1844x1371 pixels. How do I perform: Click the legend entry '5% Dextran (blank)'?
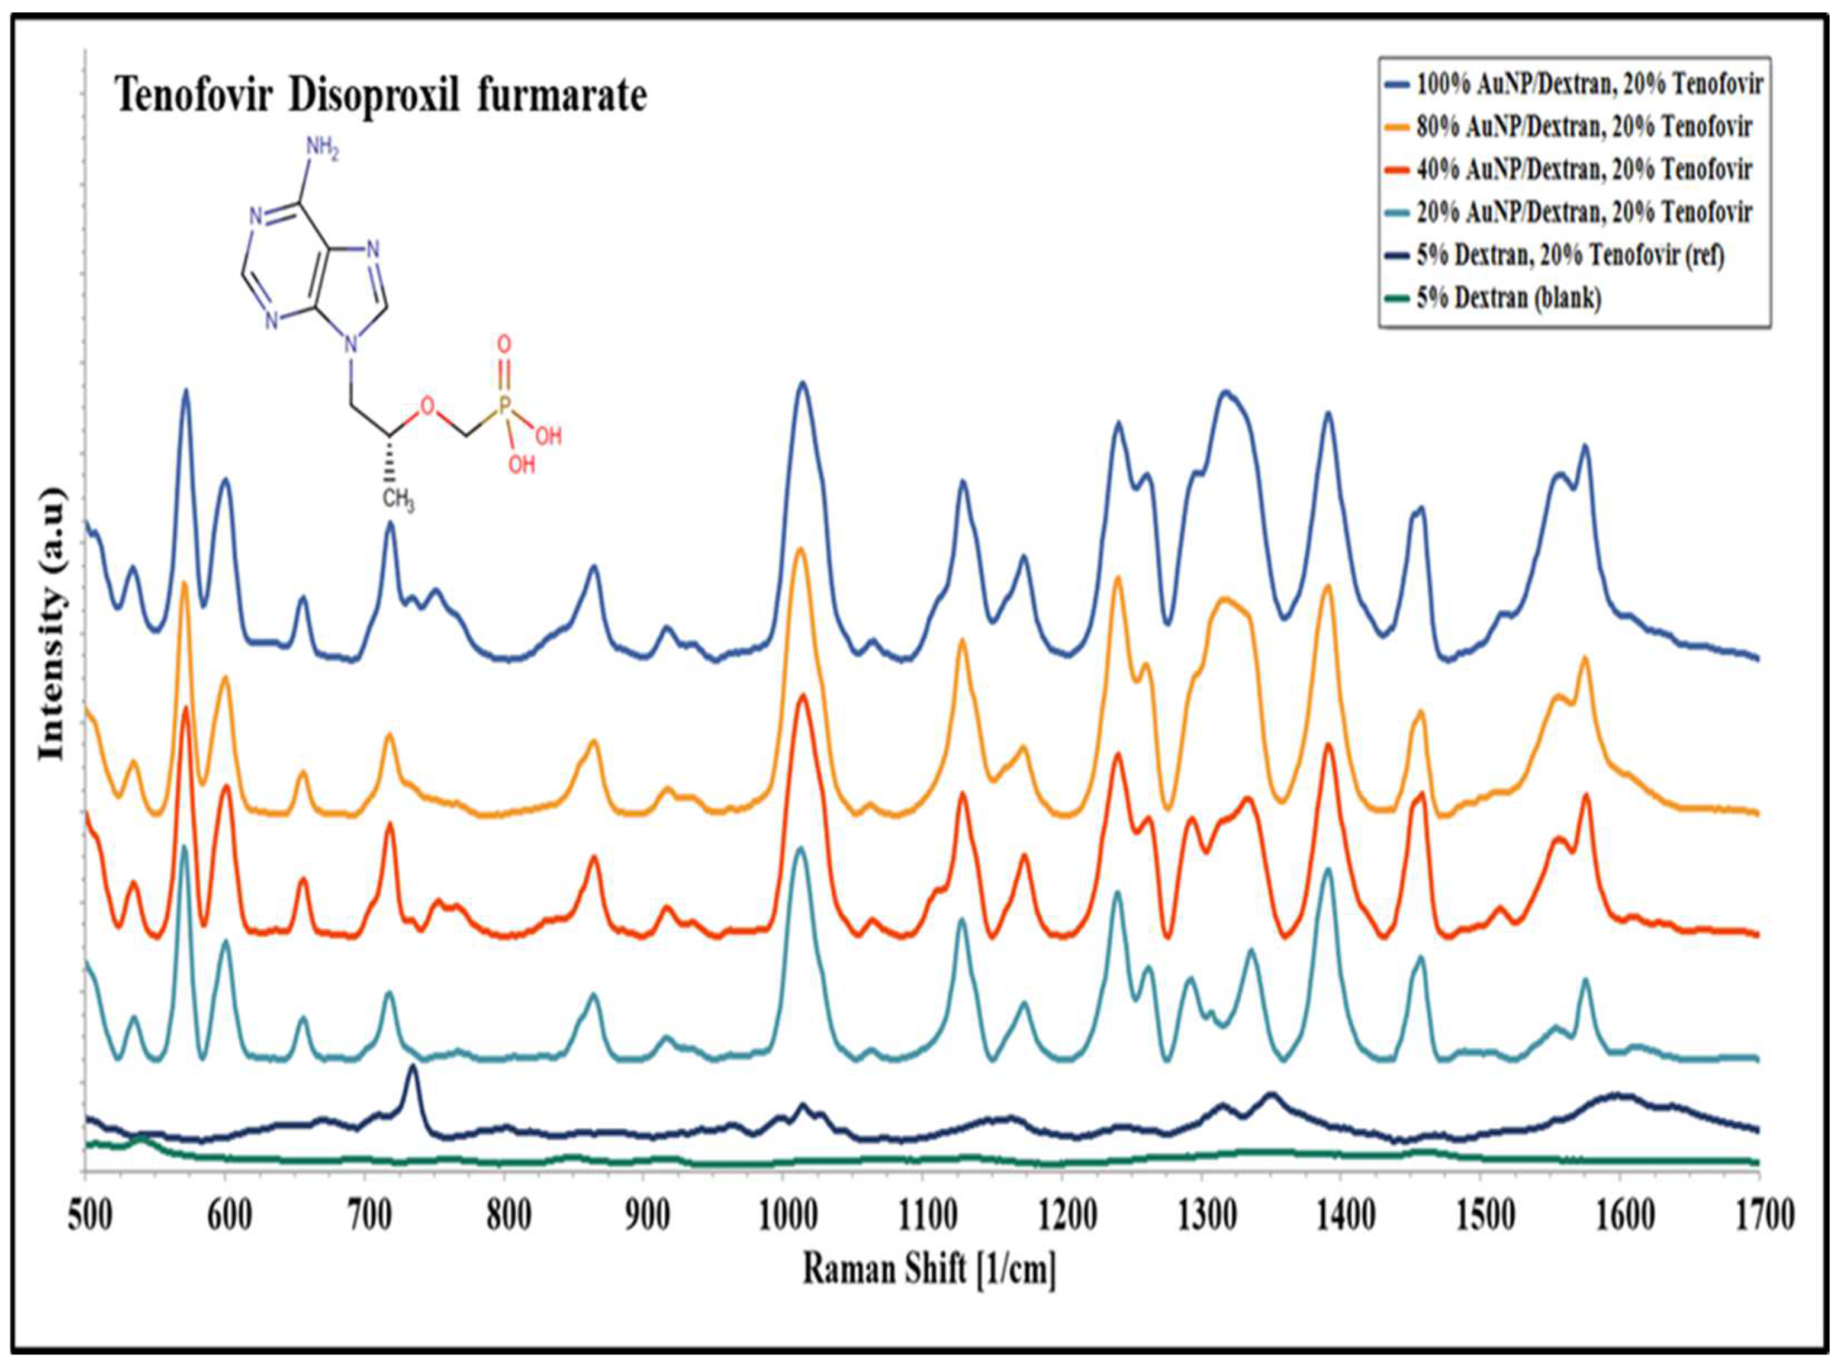[x=1508, y=297]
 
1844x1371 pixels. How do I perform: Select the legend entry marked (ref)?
[x=1569, y=255]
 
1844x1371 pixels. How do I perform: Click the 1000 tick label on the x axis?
[x=786, y=1216]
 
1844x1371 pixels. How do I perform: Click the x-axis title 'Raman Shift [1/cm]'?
[x=929, y=1269]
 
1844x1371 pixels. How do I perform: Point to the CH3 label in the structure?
[x=398, y=500]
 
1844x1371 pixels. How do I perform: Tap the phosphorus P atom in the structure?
[x=504, y=407]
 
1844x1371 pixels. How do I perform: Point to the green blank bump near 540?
[x=141, y=1138]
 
